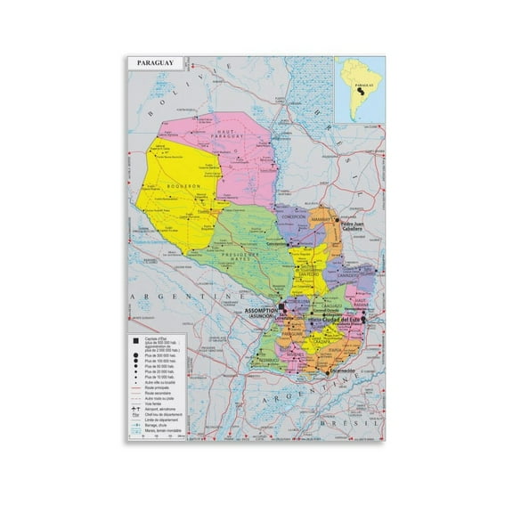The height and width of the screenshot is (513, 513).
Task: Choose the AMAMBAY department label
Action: coord(322,217)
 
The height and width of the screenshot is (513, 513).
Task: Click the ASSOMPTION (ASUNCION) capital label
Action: coord(261,313)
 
